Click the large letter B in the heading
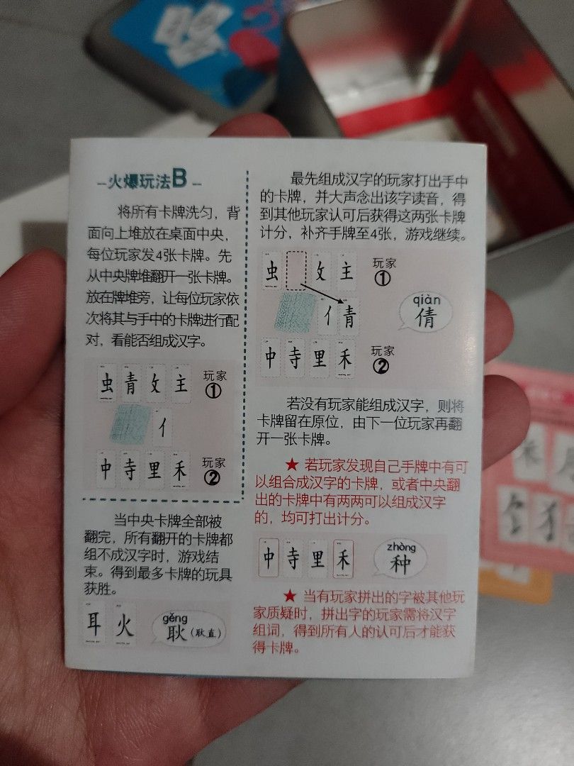[179, 179]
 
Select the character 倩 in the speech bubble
[425, 316]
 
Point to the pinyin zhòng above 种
[400, 547]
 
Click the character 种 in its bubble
[400, 565]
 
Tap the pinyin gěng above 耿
[175, 618]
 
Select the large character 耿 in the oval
[176, 633]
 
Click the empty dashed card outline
[296, 270]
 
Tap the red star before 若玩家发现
[291, 465]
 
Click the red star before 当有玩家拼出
[290, 595]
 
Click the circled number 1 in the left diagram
[212, 391]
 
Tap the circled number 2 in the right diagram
[382, 367]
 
